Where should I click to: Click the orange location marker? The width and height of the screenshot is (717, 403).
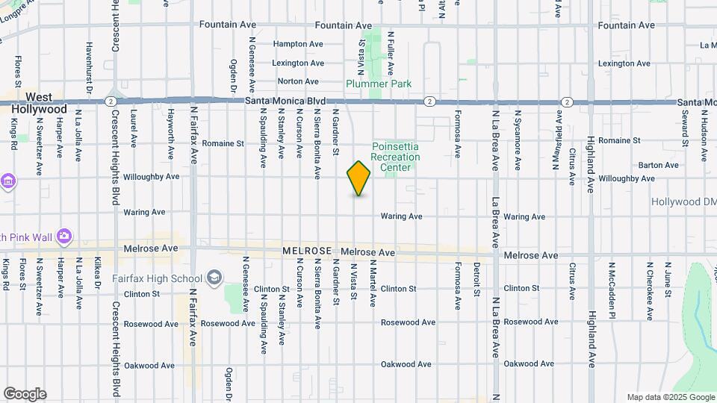[358, 178]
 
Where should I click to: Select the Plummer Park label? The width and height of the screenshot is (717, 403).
[379, 84]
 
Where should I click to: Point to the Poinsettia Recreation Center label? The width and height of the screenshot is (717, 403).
[395, 157]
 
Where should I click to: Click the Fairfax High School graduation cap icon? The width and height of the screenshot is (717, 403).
[214, 278]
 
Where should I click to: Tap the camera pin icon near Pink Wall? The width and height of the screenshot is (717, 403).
[64, 237]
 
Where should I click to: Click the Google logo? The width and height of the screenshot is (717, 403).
[24, 394]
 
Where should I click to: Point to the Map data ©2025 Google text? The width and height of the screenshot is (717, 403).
[670, 397]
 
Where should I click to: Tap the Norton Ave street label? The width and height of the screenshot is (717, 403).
[298, 81]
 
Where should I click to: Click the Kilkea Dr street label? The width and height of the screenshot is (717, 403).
[97, 273]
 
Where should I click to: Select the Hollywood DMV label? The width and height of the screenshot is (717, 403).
[683, 202]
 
